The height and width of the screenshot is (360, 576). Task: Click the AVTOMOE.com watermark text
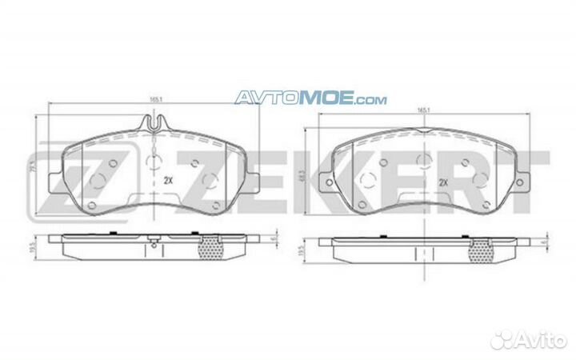point(310,99)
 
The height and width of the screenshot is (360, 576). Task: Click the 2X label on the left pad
point(168,180)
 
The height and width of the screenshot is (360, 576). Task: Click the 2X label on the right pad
point(442,182)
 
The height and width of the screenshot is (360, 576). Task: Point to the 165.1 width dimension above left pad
point(156,99)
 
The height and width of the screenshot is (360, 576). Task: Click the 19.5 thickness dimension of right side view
point(301,250)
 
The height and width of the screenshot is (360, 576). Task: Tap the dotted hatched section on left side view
point(209,250)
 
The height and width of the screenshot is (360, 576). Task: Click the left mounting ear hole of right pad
point(331,185)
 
